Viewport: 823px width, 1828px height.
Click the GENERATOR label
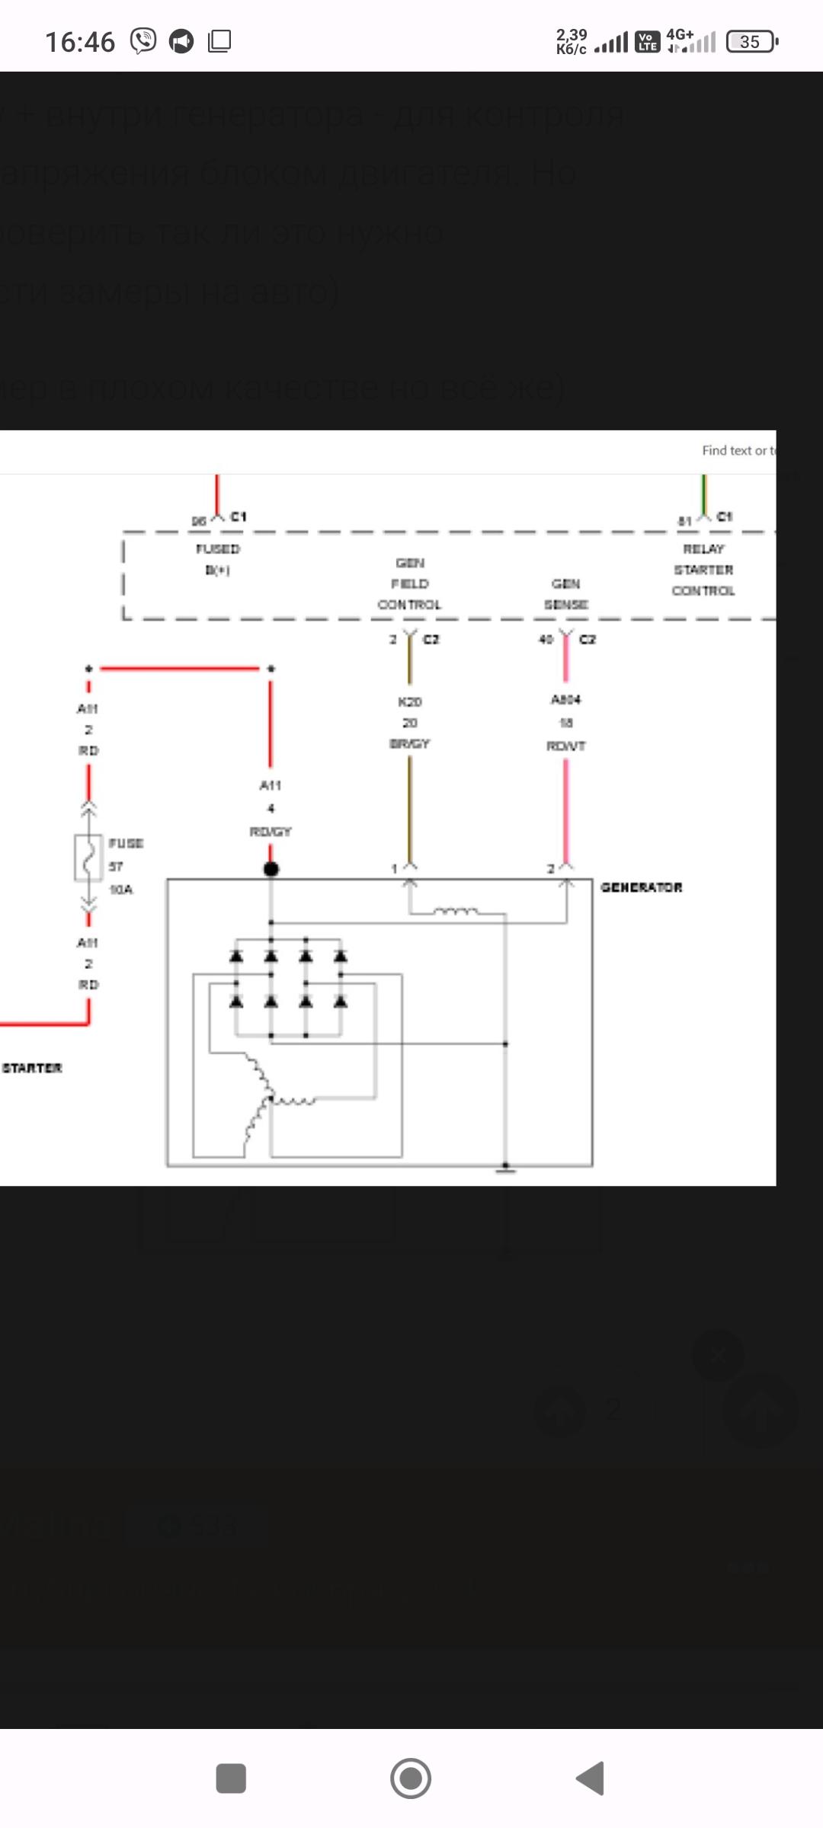(x=641, y=887)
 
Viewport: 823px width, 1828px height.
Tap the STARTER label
(x=32, y=1068)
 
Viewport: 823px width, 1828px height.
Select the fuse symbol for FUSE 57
(x=88, y=858)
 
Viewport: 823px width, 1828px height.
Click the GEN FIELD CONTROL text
(x=409, y=583)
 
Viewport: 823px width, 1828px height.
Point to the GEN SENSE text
(x=565, y=594)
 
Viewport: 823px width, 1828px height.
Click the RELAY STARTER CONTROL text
(x=703, y=570)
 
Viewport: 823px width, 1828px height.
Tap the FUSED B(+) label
(x=218, y=559)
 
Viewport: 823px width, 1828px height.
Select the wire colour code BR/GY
(x=409, y=743)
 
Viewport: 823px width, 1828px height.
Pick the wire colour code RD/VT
(x=565, y=746)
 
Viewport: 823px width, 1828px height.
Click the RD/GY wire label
(x=271, y=832)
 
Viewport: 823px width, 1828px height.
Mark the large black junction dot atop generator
(x=271, y=869)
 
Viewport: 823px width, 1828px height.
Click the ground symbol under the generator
(x=505, y=1168)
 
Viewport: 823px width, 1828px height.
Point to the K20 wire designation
(x=409, y=701)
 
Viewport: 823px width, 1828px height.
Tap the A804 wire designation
(x=565, y=699)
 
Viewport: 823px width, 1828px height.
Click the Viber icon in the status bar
(x=143, y=41)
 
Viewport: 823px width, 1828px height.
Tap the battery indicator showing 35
(x=751, y=41)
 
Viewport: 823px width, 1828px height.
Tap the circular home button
(x=411, y=1778)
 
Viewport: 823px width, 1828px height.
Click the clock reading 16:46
(x=80, y=42)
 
